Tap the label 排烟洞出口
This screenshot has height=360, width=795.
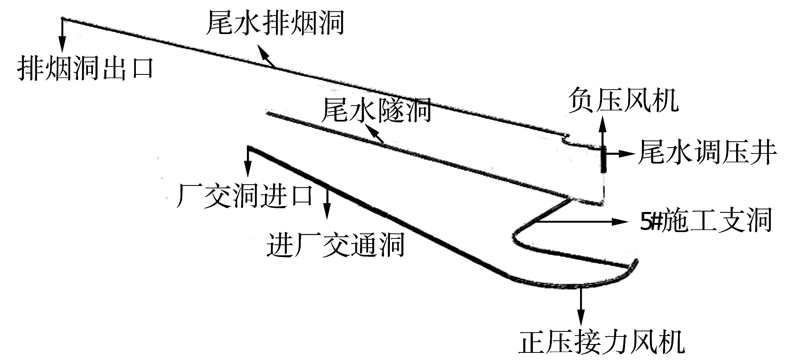coord(85,68)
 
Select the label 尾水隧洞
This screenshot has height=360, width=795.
coord(376,110)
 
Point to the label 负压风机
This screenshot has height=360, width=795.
coord(623,101)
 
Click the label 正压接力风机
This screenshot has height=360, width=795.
coord(602,343)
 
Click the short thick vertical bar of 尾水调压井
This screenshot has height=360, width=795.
coord(604,160)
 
